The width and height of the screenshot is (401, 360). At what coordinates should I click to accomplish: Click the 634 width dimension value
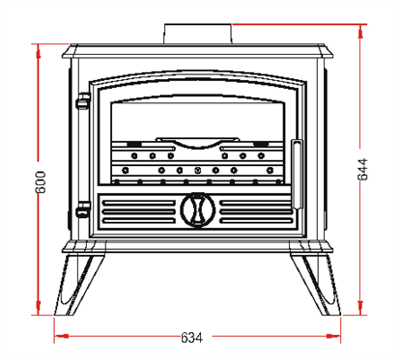click(192, 338)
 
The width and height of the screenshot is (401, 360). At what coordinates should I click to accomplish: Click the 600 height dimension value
click(41, 182)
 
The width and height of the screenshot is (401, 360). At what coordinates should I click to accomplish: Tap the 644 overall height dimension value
click(362, 169)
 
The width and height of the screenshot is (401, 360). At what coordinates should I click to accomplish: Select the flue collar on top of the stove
click(198, 34)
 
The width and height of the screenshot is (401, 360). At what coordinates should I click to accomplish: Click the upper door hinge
click(83, 101)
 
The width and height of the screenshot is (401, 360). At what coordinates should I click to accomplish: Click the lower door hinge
click(83, 209)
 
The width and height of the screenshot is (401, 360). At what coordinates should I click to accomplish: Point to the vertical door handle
click(297, 175)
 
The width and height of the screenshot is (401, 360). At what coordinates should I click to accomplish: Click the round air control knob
click(198, 209)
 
